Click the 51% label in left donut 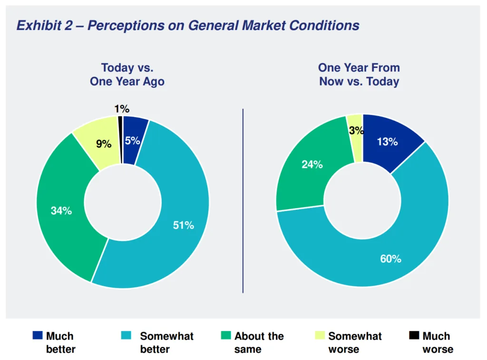pyautogui.click(x=183, y=225)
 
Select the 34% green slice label pyautogui.click(x=61, y=211)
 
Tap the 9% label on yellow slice pyautogui.click(x=103, y=144)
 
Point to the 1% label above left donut pyautogui.click(x=122, y=108)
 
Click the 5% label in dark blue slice pyautogui.click(x=133, y=141)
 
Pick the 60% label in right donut pyautogui.click(x=390, y=259)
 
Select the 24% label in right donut pyautogui.click(x=312, y=165)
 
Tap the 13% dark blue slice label pyautogui.click(x=387, y=142)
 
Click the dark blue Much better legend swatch pyautogui.click(x=37, y=336)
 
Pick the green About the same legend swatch pyautogui.click(x=226, y=336)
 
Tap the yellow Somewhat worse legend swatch pyautogui.click(x=321, y=336)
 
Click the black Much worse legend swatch pyautogui.click(x=414, y=336)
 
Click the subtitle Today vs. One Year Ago pyautogui.click(x=127, y=75)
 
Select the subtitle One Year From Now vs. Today pyautogui.click(x=359, y=75)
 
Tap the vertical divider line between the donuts pyautogui.click(x=243, y=200)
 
